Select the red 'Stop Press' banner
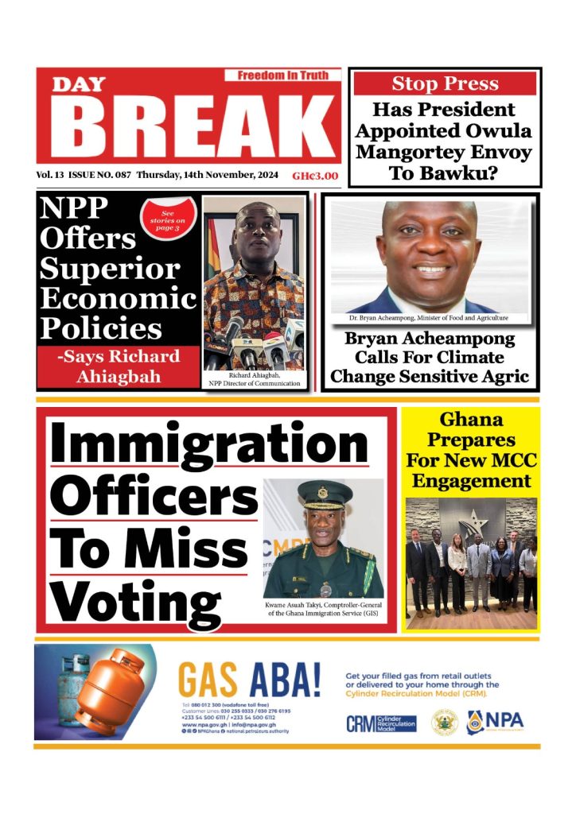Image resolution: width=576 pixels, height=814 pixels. click(445, 83)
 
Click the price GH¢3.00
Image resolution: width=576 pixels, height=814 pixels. click(314, 176)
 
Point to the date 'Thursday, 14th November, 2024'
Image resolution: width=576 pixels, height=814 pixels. click(208, 176)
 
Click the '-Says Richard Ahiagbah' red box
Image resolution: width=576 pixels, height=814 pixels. click(119, 366)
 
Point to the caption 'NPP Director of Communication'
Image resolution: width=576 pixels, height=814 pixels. click(254, 384)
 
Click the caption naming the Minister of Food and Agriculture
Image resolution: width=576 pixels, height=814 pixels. click(428, 318)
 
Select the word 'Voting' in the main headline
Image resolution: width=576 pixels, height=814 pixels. click(134, 601)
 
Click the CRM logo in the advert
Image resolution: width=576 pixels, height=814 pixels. click(381, 723)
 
